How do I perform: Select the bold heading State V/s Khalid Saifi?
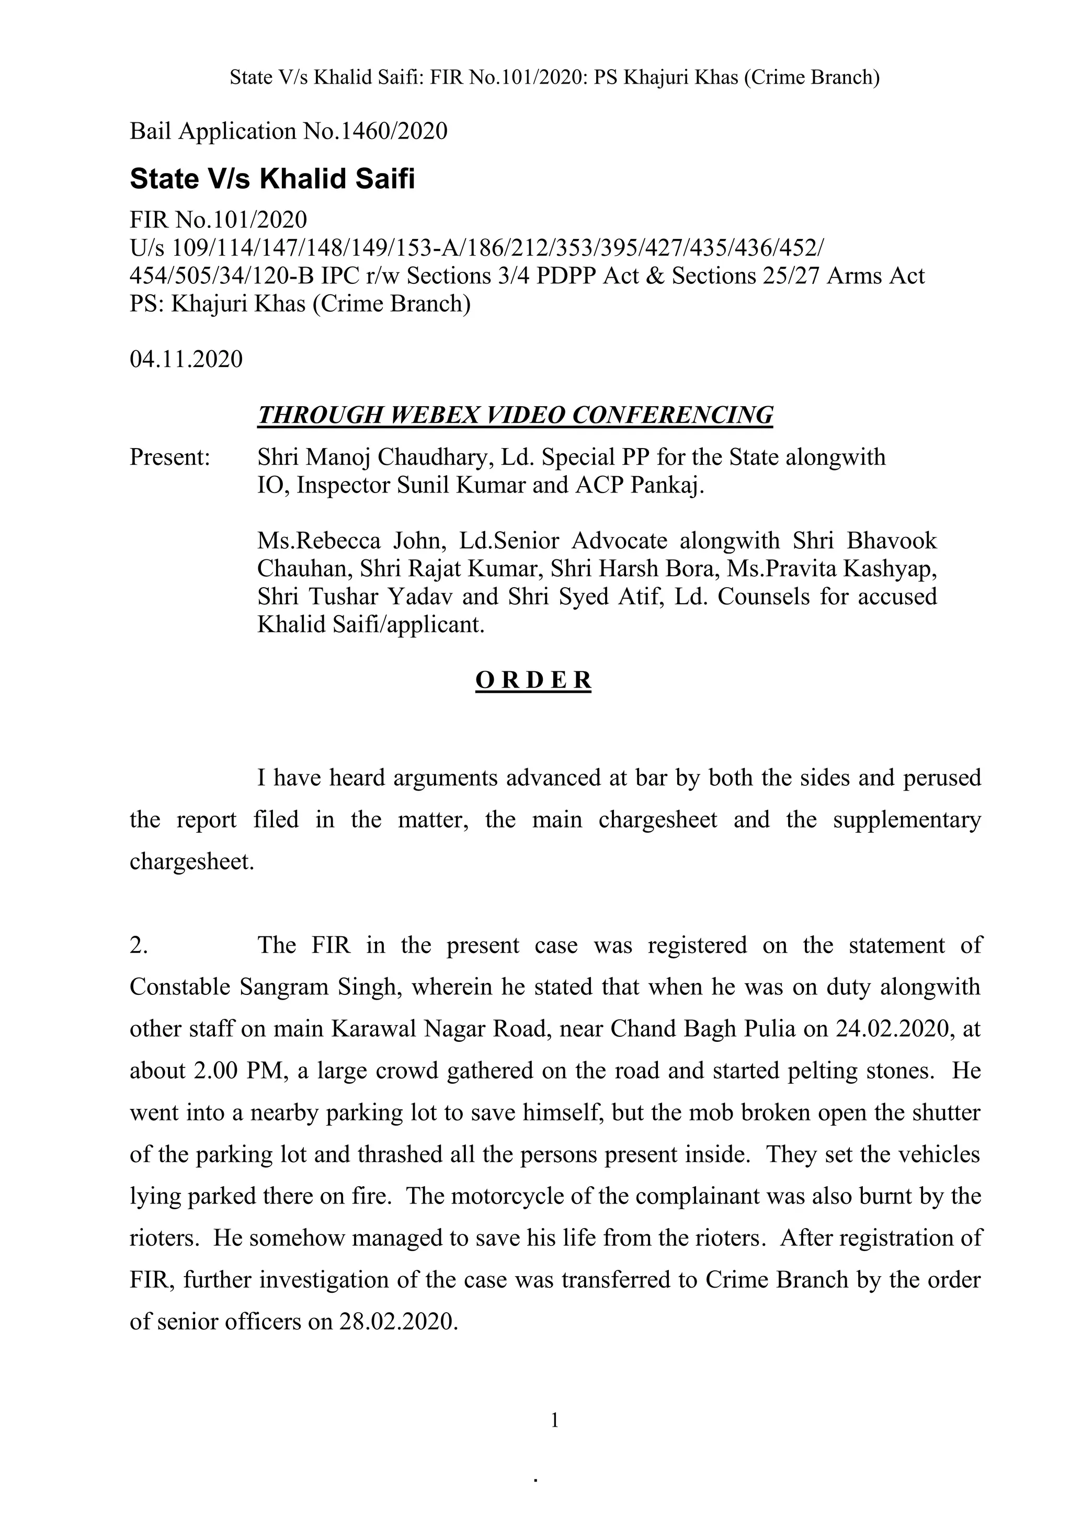tap(272, 179)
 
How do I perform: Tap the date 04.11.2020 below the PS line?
tap(186, 359)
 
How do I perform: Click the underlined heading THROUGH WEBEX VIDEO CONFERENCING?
tap(515, 415)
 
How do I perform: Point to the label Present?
tap(169, 457)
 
